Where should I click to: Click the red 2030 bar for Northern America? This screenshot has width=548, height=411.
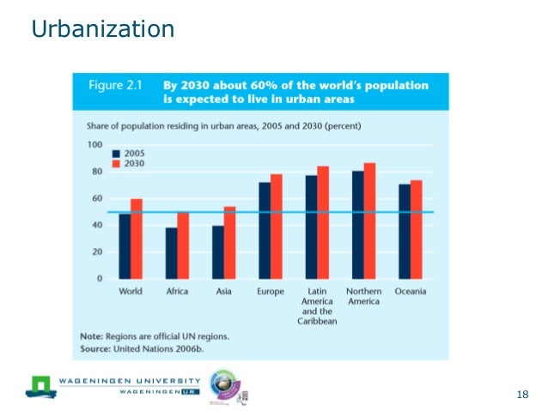369,221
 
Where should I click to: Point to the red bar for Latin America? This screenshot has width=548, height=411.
323,222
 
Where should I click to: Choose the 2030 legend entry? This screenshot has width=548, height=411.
130,164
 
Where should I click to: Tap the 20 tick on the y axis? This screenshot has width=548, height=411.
96,252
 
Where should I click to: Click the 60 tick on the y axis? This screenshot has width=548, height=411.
96,198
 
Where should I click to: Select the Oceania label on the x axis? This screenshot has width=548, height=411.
411,293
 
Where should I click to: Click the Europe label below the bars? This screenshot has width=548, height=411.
271,293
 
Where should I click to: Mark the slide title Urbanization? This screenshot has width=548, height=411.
102,30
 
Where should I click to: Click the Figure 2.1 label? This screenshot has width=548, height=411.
116,86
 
